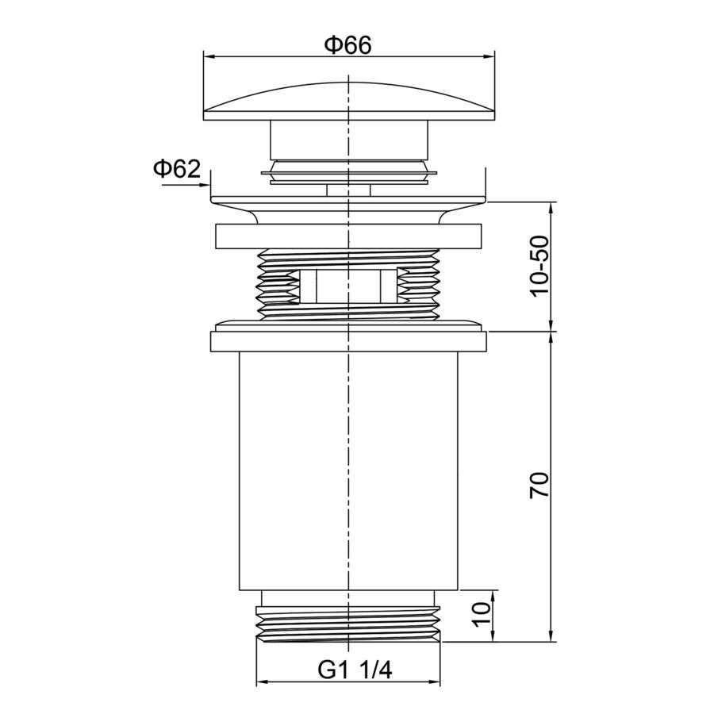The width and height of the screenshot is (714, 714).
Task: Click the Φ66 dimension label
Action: [348, 45]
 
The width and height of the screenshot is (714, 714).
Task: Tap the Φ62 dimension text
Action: [177, 170]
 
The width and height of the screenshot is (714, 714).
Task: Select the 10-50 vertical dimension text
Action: [540, 266]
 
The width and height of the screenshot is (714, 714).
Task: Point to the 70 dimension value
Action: [540, 485]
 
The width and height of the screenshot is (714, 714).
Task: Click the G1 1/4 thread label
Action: [355, 670]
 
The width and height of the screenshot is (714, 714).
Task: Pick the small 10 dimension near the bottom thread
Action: [482, 615]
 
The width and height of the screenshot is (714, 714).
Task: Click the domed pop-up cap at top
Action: [349, 102]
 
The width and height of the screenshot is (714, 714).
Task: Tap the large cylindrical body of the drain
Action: [348, 470]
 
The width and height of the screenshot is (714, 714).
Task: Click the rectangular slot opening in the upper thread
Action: [348, 286]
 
